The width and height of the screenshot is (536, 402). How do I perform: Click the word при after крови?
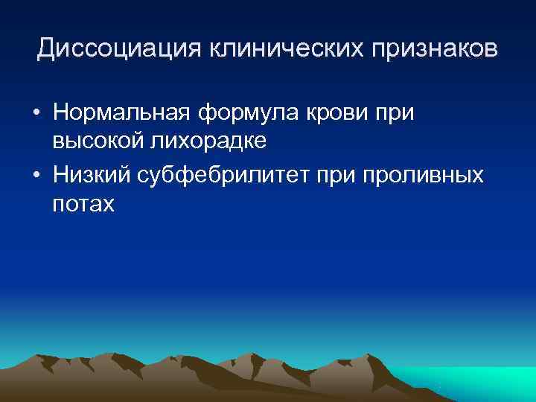point(392,114)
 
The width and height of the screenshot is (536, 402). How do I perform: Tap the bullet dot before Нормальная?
point(36,115)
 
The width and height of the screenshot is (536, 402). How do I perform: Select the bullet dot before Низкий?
point(36,176)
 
